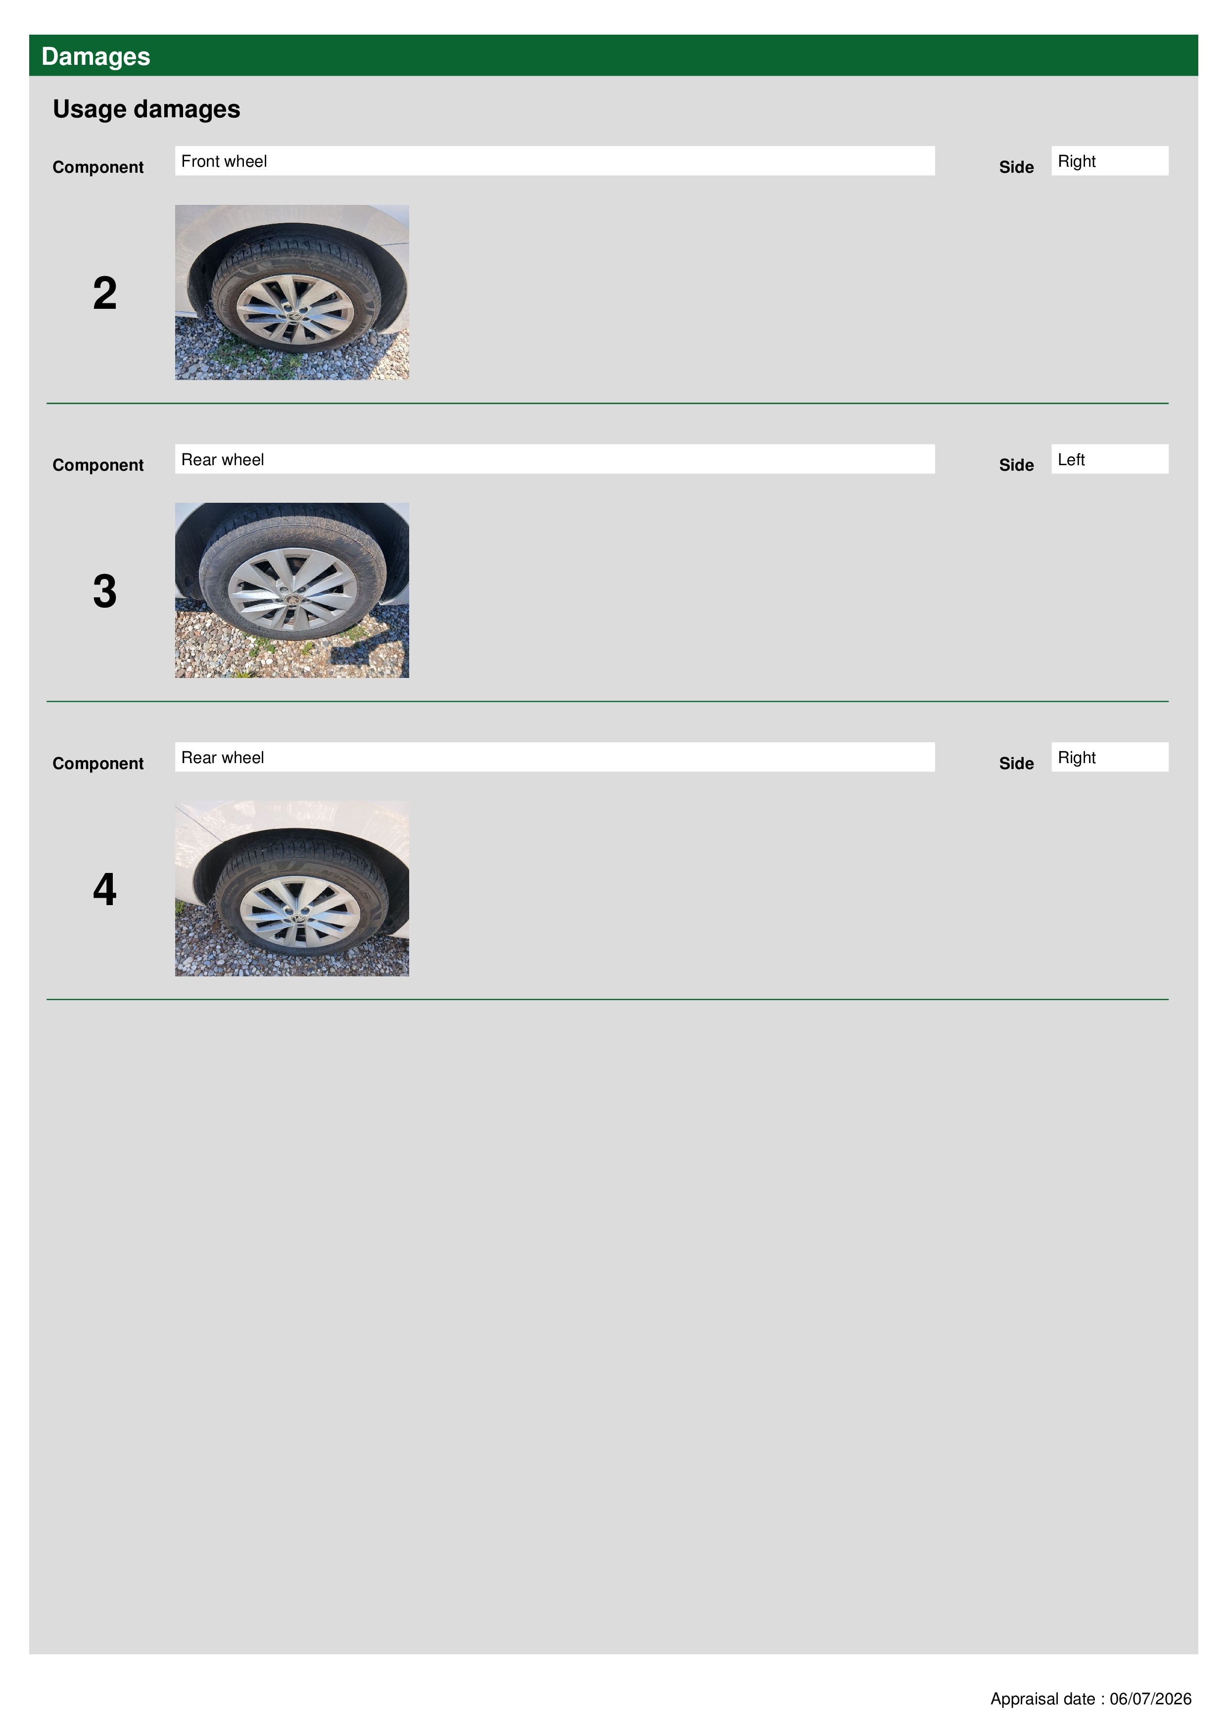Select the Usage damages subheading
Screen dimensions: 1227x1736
pyautogui.click(x=146, y=109)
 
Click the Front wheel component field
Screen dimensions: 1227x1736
pyautogui.click(x=555, y=161)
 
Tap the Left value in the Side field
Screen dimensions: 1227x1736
pyautogui.click(x=1071, y=460)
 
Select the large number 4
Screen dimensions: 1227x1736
pyautogui.click(x=105, y=889)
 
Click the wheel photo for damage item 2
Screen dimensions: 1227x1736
pyautogui.click(x=292, y=292)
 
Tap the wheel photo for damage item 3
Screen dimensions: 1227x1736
pyautogui.click(x=292, y=590)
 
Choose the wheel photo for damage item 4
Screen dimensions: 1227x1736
pyautogui.click(x=292, y=888)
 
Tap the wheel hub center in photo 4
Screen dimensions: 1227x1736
pyautogui.click(x=299, y=915)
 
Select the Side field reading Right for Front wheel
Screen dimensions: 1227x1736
pyautogui.click(x=1110, y=161)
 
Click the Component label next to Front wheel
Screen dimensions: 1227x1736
pyautogui.click(x=98, y=167)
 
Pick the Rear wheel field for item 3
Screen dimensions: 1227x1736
pyautogui.click(x=555, y=459)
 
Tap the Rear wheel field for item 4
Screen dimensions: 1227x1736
pyautogui.click(x=555, y=757)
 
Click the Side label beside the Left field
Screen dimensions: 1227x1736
pyautogui.click(x=1016, y=465)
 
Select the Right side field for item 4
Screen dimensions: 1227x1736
pyautogui.click(x=1110, y=757)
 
